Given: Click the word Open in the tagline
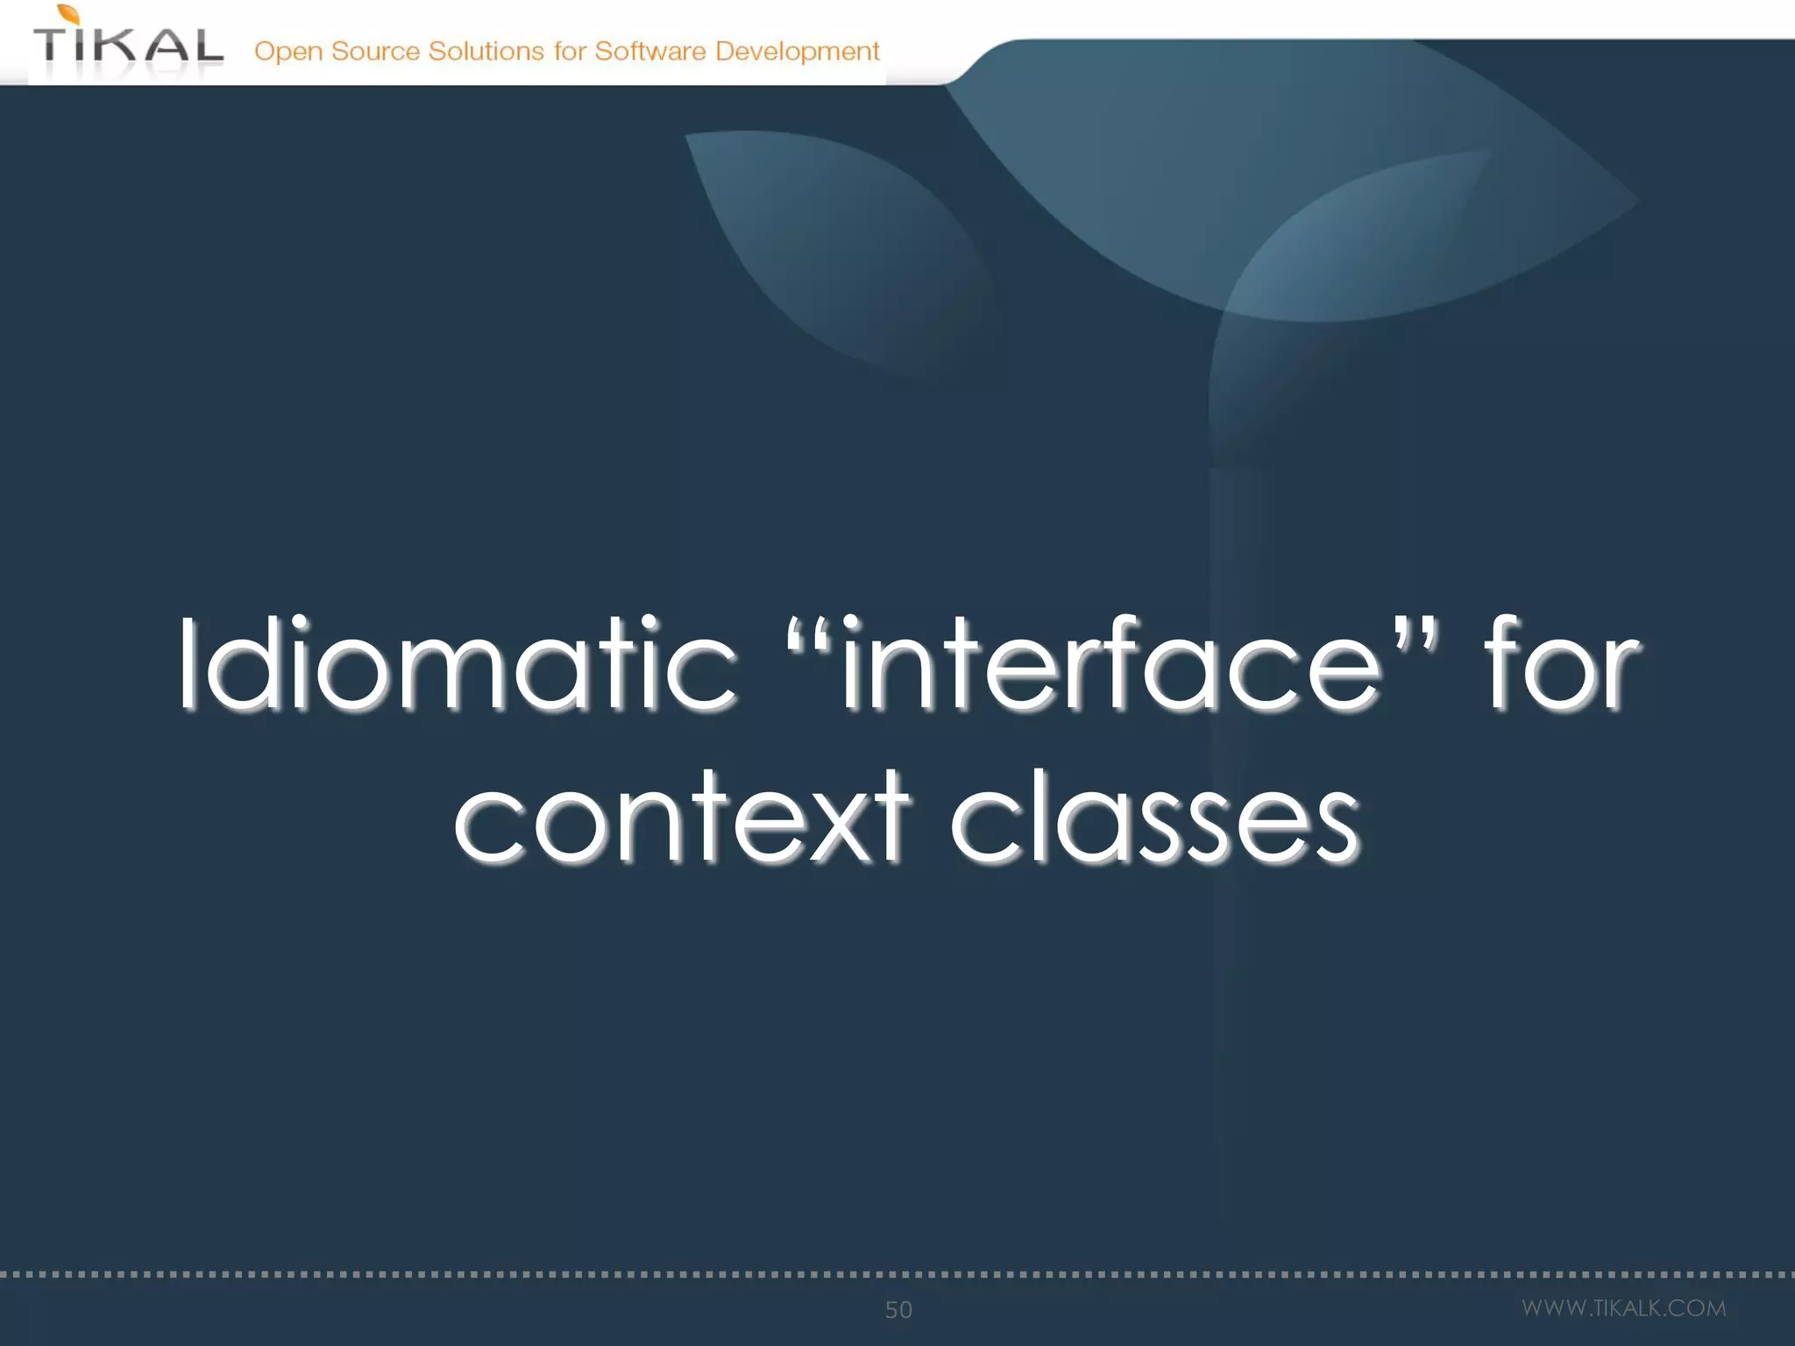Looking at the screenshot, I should (288, 52).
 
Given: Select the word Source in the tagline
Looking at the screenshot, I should (375, 51).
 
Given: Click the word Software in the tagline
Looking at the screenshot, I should (650, 51).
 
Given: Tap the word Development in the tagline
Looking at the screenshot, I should (797, 52).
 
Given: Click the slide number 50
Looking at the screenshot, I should (898, 1309).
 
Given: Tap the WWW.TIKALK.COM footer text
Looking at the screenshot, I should (1623, 1308).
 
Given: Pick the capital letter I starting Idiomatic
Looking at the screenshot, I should (186, 662).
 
